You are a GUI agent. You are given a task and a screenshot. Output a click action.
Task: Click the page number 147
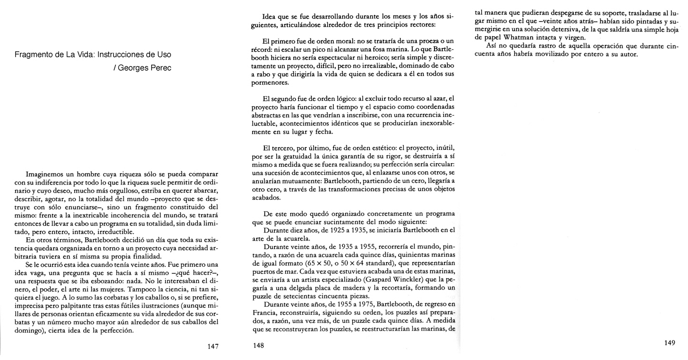pyautogui.click(x=213, y=347)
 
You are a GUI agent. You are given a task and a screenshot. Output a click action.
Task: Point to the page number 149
pyautogui.click(x=669, y=343)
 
